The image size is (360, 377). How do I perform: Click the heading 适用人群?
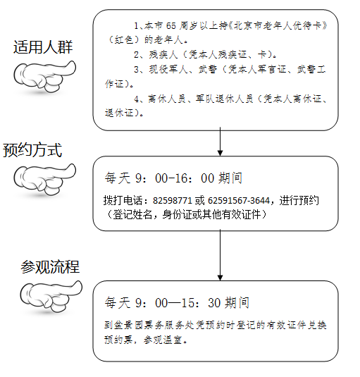pyautogui.click(x=43, y=47)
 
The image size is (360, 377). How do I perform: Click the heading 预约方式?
pyautogui.click(x=32, y=150)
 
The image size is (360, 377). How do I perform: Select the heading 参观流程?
pyautogui.click(x=50, y=266)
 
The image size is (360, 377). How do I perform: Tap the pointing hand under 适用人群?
pyautogui.click(x=44, y=77)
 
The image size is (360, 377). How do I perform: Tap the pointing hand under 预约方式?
pyautogui.click(x=44, y=179)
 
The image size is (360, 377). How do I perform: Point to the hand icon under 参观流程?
pyautogui.click(x=51, y=296)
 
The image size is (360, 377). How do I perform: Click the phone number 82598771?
pyautogui.click(x=173, y=200)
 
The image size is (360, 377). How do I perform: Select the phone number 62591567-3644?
pyautogui.click(x=239, y=200)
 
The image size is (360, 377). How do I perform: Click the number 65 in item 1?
pyautogui.click(x=171, y=26)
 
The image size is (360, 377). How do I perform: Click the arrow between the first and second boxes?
pyautogui.click(x=220, y=142)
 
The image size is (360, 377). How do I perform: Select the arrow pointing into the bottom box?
pyautogui.click(x=220, y=255)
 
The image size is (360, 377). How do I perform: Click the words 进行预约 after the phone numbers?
pyautogui.click(x=299, y=200)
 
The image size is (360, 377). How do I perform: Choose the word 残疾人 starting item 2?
pyautogui.click(x=163, y=55)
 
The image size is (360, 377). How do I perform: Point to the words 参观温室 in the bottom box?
pyautogui.click(x=163, y=340)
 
